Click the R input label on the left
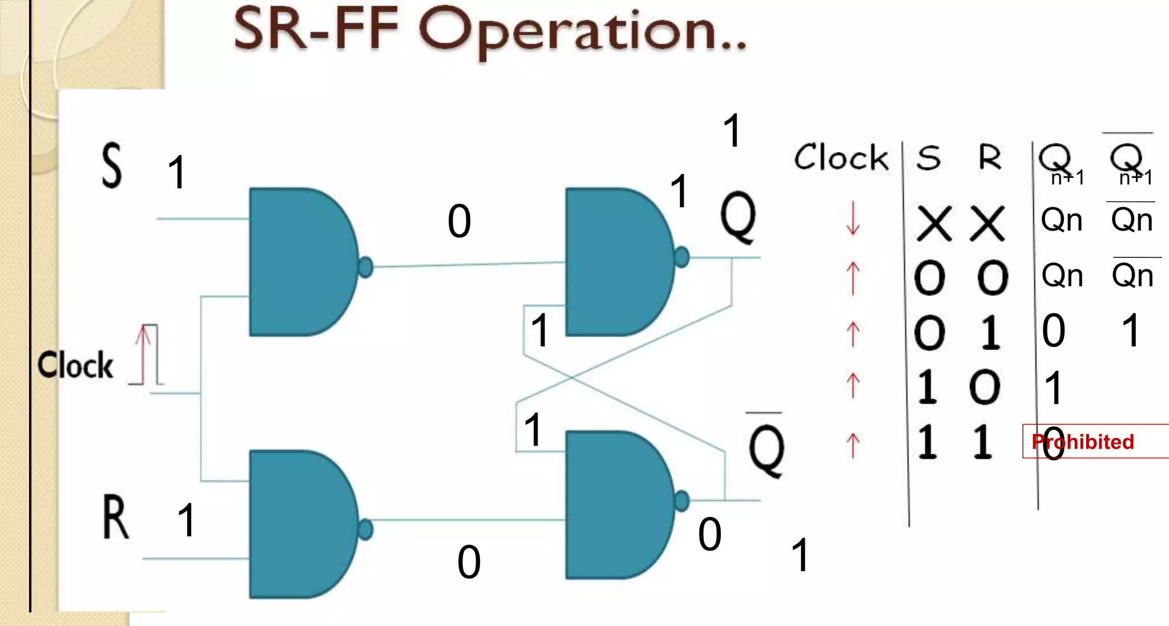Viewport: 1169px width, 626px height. (x=116, y=517)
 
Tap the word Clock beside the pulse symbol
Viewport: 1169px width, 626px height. (x=75, y=365)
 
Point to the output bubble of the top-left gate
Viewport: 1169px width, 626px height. (x=365, y=266)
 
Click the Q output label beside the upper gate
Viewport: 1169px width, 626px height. (x=738, y=217)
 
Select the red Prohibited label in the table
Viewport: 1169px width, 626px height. (x=1083, y=442)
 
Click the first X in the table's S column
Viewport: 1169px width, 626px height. (x=934, y=223)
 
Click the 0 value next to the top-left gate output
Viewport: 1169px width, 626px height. (x=459, y=221)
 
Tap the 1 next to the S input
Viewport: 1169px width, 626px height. (x=178, y=172)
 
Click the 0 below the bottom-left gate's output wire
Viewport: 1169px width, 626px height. (x=469, y=562)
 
